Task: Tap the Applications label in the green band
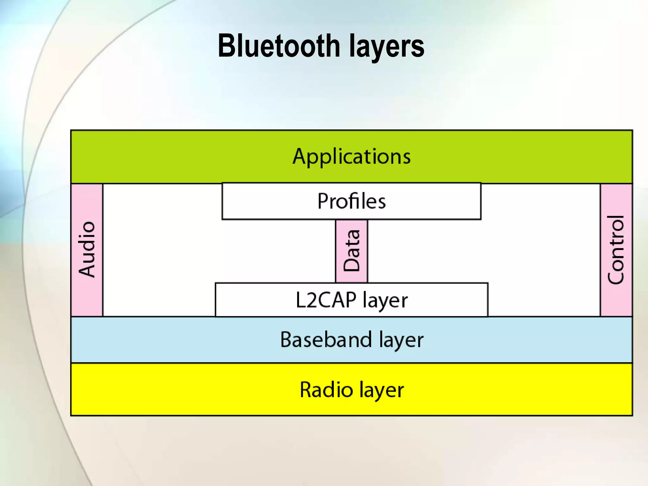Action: pyautogui.click(x=351, y=156)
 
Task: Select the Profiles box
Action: pyautogui.click(x=351, y=201)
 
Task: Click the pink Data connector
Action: pyautogui.click(x=352, y=251)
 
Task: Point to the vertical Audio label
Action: pyautogui.click(x=87, y=250)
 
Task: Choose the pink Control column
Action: pyautogui.click(x=616, y=250)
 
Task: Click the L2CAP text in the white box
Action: pyautogui.click(x=326, y=300)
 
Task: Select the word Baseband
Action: pyautogui.click(x=326, y=340)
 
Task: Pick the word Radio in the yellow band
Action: pyautogui.click(x=326, y=389)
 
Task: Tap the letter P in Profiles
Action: pyautogui.click(x=323, y=201)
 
